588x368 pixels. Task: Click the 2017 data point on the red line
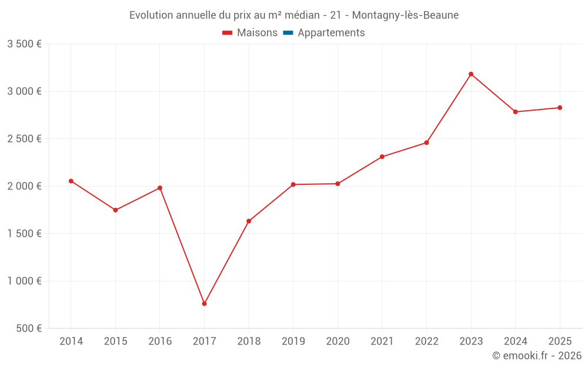pos(204,304)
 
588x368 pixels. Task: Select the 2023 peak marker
pos(471,74)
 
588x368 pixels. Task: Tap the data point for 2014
pos(71,181)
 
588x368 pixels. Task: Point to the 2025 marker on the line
pos(560,108)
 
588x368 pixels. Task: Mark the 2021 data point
pos(382,157)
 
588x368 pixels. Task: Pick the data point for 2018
pos(249,221)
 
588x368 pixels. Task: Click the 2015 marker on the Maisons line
pos(115,210)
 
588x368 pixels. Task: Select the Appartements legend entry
pos(331,33)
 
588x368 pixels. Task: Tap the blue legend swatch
pos(288,33)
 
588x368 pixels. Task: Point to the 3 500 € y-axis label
pos(24,44)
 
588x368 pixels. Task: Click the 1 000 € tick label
pos(24,281)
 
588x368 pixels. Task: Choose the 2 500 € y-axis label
pos(24,139)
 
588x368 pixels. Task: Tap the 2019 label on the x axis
pos(293,342)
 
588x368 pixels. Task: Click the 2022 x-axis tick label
pos(426,342)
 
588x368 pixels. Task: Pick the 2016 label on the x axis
pos(160,342)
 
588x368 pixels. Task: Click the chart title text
pos(293,15)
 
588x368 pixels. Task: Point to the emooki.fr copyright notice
pos(536,356)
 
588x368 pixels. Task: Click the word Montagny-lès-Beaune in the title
pos(405,15)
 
